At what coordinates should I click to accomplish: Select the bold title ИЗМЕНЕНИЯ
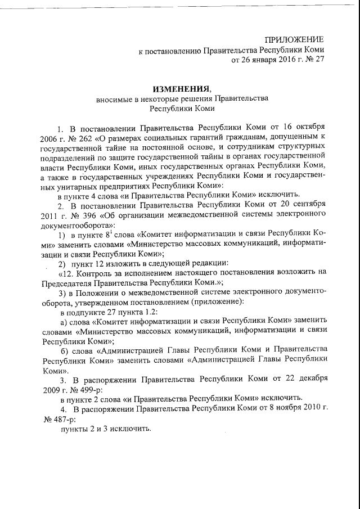(x=181, y=88)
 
